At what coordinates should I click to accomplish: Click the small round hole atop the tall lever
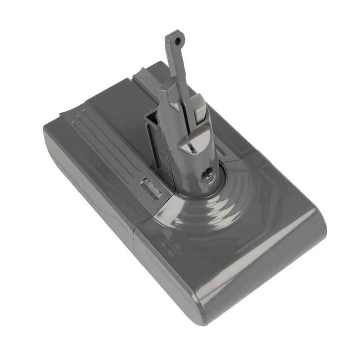179,40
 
